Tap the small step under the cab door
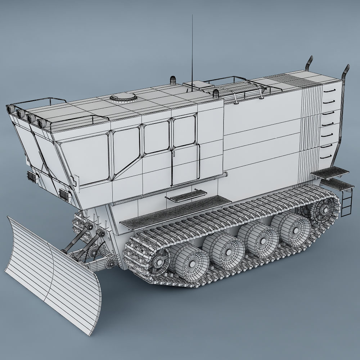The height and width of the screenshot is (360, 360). (x=185, y=197)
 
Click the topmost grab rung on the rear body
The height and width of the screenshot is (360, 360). (x=327, y=91)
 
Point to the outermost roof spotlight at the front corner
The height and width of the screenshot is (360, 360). (x=10, y=108)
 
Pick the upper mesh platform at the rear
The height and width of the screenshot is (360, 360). (x=328, y=172)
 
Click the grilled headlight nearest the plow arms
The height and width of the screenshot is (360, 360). (x=65, y=194)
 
